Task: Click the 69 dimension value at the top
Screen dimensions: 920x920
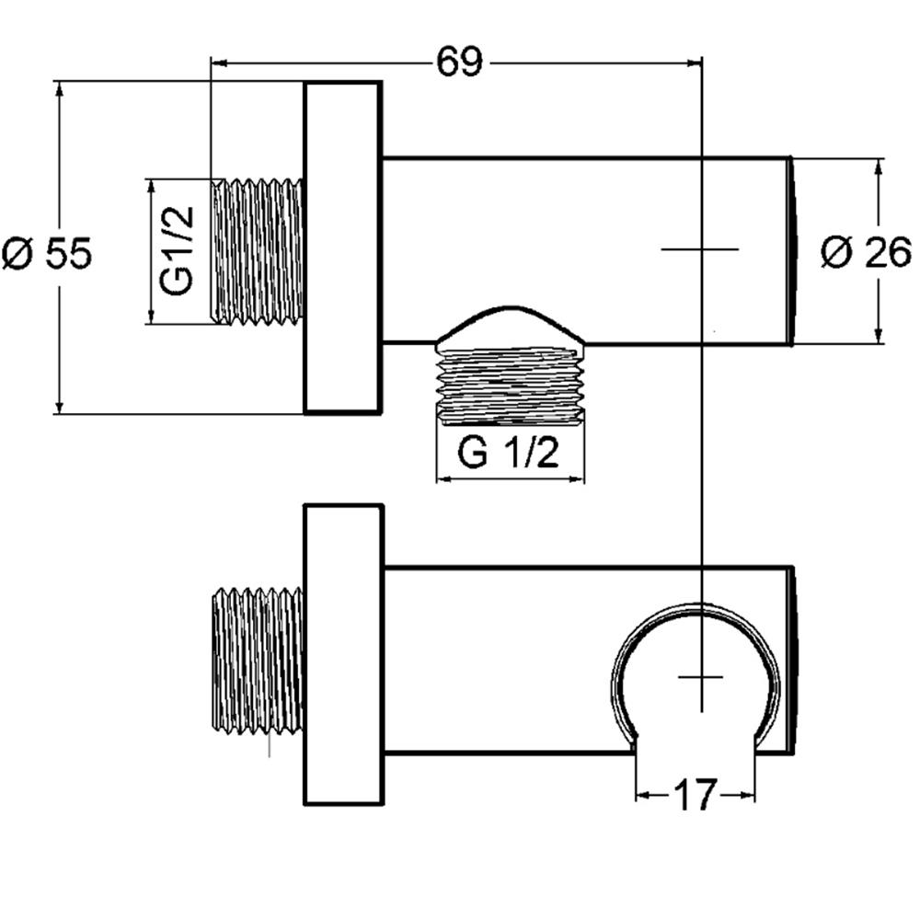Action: [459, 61]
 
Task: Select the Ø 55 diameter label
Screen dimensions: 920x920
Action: [47, 254]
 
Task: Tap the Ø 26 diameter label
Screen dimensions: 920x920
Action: [866, 252]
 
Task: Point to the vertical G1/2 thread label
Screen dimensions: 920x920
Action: [176, 250]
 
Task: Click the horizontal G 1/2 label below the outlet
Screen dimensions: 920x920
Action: [508, 453]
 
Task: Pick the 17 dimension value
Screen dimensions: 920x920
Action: [696, 795]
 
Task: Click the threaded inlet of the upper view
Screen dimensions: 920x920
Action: [257, 250]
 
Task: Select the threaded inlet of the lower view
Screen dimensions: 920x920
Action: [257, 661]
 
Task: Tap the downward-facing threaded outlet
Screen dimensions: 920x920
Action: [510, 386]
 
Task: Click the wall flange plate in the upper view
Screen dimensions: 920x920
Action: [343, 247]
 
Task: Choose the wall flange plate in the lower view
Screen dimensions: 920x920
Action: [343, 654]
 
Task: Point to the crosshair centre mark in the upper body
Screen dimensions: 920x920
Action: [700, 249]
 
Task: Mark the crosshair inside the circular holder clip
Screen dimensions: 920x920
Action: [701, 677]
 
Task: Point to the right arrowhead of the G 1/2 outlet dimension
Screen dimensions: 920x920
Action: [577, 479]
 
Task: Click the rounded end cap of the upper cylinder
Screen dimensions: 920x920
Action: [792, 251]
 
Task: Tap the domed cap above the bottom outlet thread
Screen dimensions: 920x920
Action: [510, 328]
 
